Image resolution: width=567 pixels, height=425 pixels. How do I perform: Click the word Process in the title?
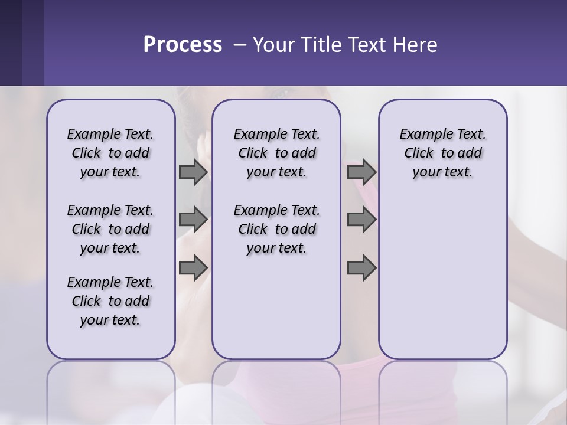pos(183,45)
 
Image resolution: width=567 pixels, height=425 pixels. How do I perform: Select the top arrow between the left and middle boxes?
pos(193,172)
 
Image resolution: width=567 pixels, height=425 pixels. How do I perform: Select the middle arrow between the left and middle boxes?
pos(193,220)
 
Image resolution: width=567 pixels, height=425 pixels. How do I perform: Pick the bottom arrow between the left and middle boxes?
pos(193,268)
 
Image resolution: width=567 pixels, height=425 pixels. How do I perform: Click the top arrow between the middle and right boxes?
pos(361,172)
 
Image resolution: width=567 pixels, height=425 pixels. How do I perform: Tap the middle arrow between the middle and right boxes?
pos(361,220)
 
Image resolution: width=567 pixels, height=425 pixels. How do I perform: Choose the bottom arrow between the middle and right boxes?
pos(361,268)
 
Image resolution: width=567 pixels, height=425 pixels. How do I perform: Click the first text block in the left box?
pos(110,153)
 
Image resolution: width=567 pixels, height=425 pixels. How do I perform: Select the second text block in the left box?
pos(110,229)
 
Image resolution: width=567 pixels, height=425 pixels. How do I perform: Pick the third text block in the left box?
pos(110,301)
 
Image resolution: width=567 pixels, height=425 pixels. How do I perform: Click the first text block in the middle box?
pos(276,153)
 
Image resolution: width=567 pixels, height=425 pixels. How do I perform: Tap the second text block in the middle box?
pos(276,229)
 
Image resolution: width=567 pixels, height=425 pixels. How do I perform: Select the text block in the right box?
pos(442,153)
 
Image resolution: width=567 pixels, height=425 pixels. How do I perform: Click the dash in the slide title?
pos(240,45)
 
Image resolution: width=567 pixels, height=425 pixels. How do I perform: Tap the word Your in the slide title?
pos(272,45)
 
